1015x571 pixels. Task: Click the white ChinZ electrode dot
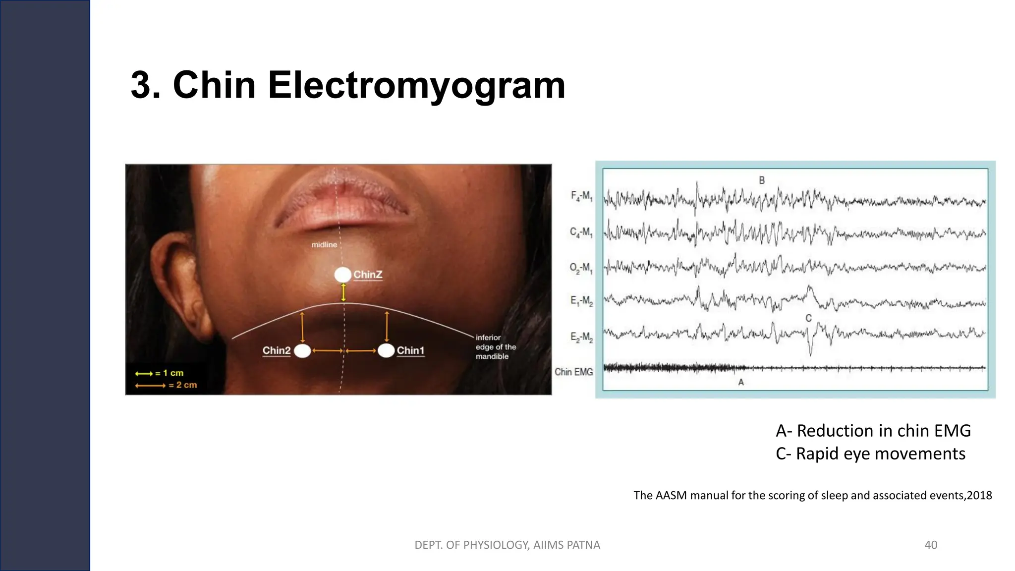pos(342,275)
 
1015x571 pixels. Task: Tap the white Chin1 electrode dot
pos(386,350)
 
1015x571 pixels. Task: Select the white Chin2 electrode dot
pos(302,351)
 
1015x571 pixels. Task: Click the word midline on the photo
pos(324,244)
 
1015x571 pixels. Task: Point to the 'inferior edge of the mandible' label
pos(496,347)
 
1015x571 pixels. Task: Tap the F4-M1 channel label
pos(581,196)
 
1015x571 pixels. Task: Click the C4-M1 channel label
pos(581,232)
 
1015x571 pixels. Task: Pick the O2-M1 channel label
pos(581,268)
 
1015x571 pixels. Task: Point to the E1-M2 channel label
pos(581,301)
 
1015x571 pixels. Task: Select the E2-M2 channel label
pos(581,338)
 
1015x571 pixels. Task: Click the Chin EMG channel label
pos(573,372)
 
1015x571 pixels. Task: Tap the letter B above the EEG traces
pos(762,180)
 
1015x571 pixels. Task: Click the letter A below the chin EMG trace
pos(741,382)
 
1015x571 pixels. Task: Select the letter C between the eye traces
pos(808,318)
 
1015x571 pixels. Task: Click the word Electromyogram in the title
pos(416,85)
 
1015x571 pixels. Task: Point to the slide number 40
pos(931,545)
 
